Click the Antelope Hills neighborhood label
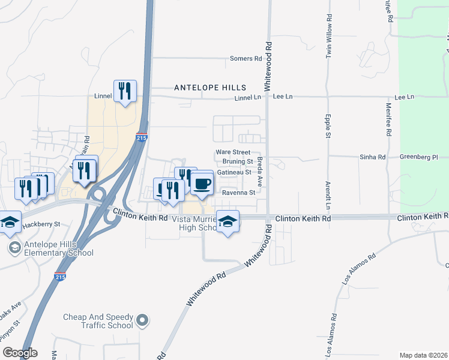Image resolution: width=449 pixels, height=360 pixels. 206,88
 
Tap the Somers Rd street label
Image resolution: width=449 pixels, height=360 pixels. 246,59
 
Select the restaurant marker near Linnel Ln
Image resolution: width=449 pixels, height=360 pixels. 125,91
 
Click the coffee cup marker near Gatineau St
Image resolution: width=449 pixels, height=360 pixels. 202,184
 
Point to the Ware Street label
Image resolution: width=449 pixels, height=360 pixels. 233,152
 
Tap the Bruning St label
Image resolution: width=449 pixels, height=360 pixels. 238,161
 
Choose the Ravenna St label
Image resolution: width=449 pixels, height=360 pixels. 239,193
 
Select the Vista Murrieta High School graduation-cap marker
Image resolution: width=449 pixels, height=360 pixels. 228,222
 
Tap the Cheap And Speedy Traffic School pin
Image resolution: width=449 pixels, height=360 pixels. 142,320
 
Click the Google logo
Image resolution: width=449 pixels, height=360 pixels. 20,353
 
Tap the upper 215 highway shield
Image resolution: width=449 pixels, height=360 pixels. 141,137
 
